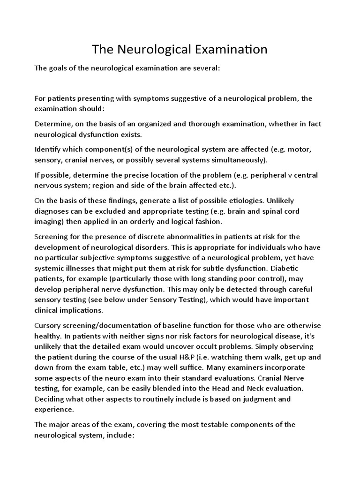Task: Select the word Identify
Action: pos(49,150)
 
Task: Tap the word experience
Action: pos(53,409)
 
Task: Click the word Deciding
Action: pos(51,399)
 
